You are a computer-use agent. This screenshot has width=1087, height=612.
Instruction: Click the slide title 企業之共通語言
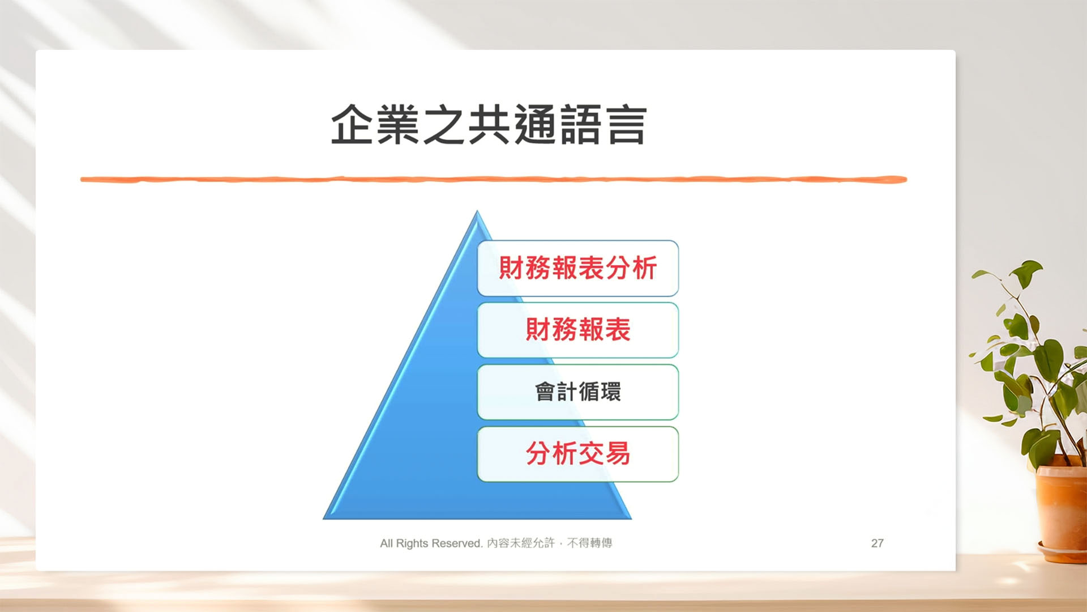pos(489,125)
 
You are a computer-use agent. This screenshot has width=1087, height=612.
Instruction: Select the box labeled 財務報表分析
pos(578,268)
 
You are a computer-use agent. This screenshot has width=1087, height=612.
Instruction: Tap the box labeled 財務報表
pos(578,330)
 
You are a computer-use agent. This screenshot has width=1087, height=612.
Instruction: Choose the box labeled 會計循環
pos(578,392)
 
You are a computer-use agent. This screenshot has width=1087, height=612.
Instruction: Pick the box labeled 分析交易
pos(578,454)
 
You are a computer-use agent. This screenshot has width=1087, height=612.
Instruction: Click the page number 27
pos(878,543)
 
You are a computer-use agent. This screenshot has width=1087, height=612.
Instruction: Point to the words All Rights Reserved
pos(431,543)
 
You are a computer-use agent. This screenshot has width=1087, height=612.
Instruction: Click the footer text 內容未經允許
pos(521,543)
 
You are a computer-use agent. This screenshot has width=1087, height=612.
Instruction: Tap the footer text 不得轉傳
pos(590,543)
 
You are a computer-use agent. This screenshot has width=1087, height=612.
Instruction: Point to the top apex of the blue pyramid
pos(477,211)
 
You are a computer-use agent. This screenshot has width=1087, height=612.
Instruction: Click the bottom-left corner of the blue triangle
pos(324,518)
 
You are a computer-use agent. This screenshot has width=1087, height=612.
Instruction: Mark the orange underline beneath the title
pos(494,180)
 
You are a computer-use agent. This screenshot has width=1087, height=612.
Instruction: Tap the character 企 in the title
pos(352,125)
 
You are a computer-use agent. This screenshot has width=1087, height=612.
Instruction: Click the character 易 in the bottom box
pos(618,453)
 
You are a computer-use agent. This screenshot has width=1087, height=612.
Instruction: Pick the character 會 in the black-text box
pos(545,392)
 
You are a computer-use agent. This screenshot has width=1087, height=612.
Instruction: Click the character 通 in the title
pos(535,125)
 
